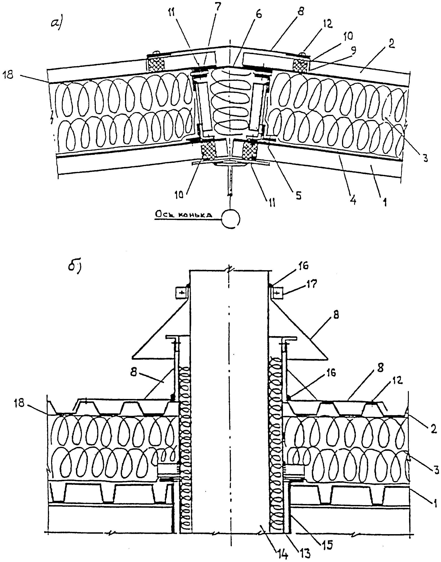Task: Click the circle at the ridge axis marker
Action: pos(231,219)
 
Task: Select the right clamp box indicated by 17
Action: pos(277,293)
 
